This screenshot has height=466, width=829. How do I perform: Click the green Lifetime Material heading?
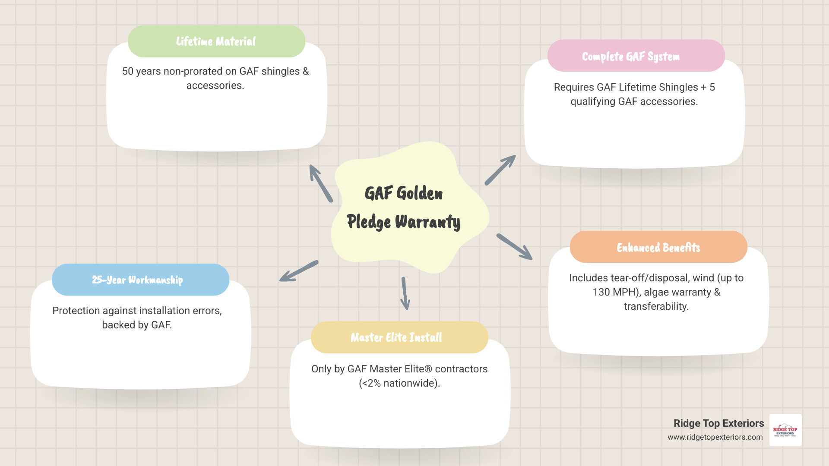(216, 41)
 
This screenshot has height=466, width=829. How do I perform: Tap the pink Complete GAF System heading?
(631, 57)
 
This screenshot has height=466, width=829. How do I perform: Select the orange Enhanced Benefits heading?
(658, 248)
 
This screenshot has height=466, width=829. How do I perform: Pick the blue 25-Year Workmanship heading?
(137, 280)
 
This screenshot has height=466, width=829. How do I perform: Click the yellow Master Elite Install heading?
(396, 337)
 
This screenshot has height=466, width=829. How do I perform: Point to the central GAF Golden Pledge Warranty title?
(404, 208)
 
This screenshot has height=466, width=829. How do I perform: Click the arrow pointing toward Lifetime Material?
(320, 183)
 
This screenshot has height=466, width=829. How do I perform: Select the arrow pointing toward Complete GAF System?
(500, 170)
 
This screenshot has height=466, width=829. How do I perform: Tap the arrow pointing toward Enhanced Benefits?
(514, 247)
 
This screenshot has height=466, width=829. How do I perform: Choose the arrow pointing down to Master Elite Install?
(405, 293)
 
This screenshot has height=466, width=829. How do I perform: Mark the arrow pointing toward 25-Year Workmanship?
(298, 271)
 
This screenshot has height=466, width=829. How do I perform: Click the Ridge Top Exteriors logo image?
(785, 430)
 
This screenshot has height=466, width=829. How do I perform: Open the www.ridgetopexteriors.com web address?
(715, 437)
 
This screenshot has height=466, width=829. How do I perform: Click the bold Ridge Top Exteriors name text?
(718, 423)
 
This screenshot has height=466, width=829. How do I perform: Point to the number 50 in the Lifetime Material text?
(128, 71)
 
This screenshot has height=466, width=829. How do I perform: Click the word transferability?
(656, 306)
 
